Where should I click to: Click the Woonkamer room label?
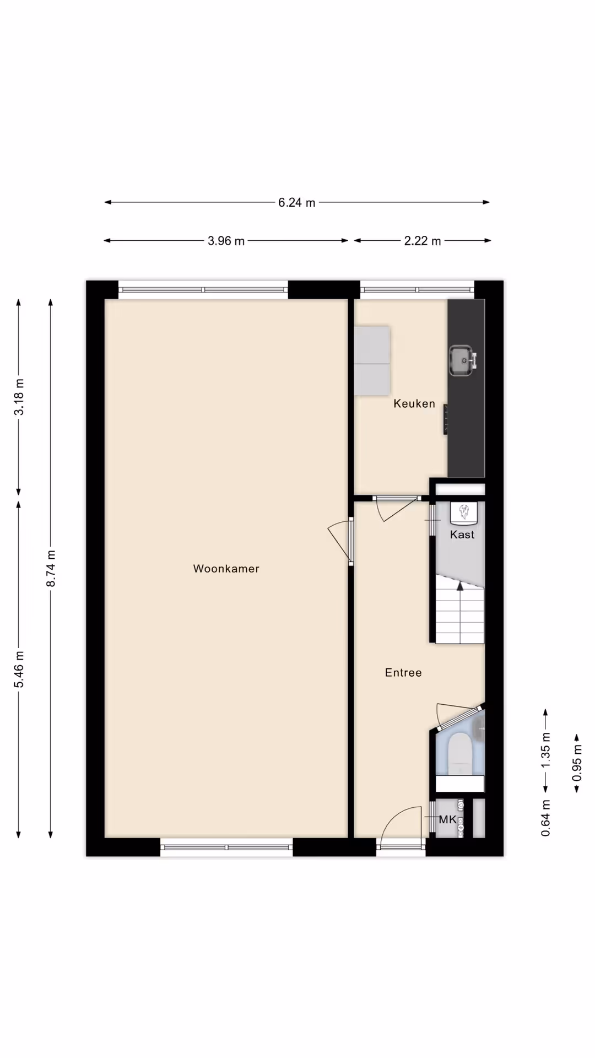(226, 569)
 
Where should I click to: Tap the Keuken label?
(414, 404)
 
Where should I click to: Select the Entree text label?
(403, 673)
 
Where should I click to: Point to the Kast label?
(462, 535)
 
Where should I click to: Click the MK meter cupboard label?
(447, 820)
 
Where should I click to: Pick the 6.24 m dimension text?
(297, 203)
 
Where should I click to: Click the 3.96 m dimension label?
(226, 241)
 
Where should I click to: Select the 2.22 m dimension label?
(423, 241)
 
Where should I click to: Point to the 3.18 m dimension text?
(19, 397)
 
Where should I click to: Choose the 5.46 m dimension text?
(19, 670)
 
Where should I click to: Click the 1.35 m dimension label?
(545, 750)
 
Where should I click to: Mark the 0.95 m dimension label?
(577, 763)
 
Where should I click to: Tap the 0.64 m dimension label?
(545, 818)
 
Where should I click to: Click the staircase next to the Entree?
(460, 609)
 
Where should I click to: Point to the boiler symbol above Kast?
(463, 512)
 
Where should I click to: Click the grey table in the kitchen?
(372, 361)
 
